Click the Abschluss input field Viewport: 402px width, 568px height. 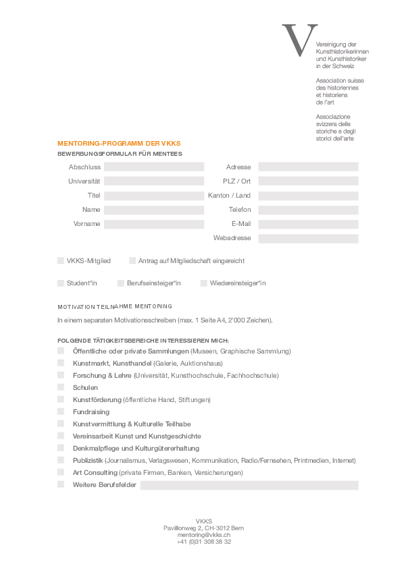point(154,167)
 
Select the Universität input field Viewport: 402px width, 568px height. point(154,181)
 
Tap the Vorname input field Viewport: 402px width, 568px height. point(154,223)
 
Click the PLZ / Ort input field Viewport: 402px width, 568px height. point(308,181)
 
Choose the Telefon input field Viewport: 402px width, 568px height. point(308,209)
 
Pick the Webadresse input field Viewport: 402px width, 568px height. point(308,238)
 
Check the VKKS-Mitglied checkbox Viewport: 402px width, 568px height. point(61,260)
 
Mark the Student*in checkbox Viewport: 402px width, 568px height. point(61,283)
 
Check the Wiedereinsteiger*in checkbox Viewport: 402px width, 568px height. point(203,283)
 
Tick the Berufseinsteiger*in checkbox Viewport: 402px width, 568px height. point(120,283)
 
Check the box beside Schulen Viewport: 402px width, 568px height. point(61,387)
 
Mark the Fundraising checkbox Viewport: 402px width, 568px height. point(61,411)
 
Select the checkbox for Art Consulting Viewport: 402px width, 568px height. point(61,472)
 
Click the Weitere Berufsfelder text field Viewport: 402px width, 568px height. point(249,485)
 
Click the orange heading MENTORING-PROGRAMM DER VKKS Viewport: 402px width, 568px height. point(119,144)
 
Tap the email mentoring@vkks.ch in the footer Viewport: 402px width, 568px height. point(203,534)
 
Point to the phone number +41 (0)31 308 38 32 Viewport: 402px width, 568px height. point(203,542)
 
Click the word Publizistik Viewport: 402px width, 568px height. point(88,461)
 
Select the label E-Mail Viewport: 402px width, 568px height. point(241,223)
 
